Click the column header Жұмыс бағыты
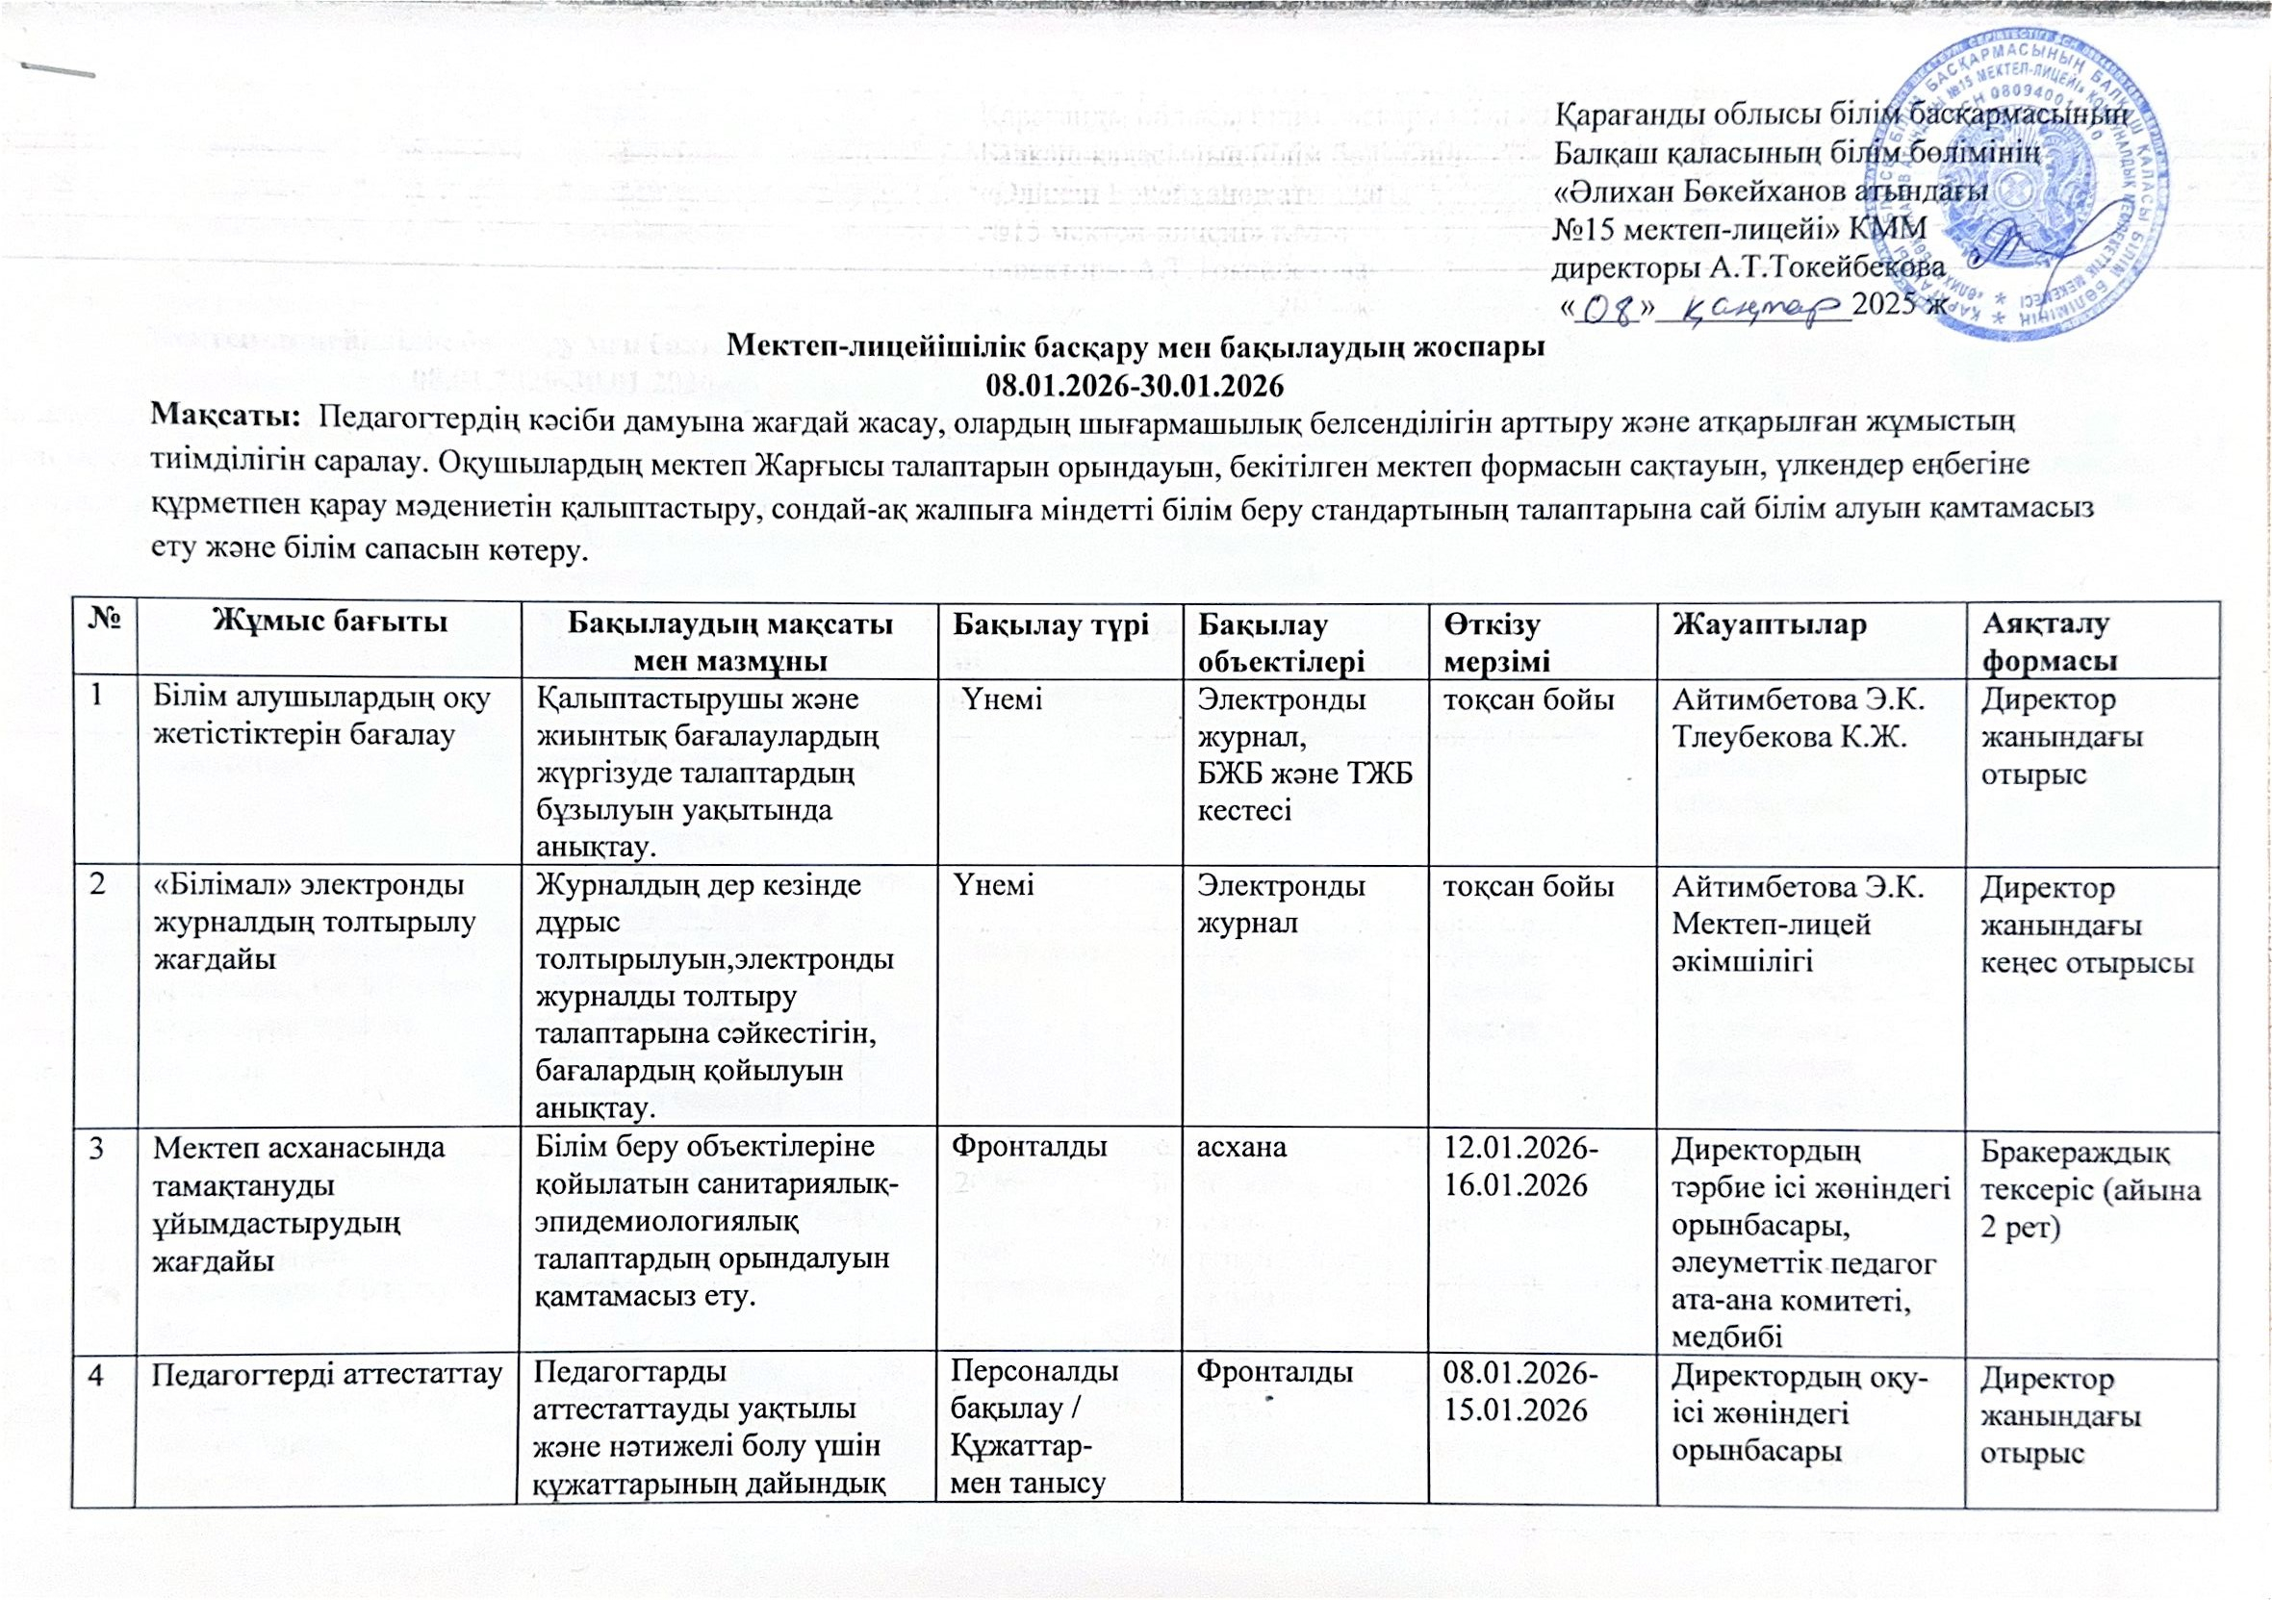tap(330, 622)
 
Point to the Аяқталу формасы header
tap(2046, 642)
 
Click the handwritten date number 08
tap(1603, 311)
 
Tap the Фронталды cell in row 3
tap(1029, 1146)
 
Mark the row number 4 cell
tap(97, 1375)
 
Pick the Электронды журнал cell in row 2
tap(1281, 904)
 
